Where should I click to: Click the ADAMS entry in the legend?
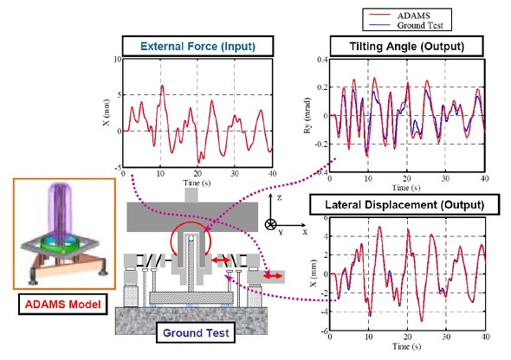click(413, 16)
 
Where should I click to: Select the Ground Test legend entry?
click(420, 25)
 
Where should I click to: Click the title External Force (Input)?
click(197, 46)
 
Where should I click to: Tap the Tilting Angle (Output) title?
click(407, 46)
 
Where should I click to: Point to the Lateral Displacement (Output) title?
click(404, 205)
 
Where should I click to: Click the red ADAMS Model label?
click(63, 305)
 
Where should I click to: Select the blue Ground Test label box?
click(196, 332)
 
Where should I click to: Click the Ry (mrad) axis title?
click(307, 116)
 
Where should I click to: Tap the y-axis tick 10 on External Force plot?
click(117, 59)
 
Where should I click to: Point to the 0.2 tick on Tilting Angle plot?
click(322, 87)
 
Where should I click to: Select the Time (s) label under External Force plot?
click(197, 183)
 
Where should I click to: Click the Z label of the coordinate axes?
click(279, 197)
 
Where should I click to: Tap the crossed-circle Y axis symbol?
click(270, 225)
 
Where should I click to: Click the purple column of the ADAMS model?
click(59, 209)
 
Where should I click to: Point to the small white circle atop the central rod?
click(191, 239)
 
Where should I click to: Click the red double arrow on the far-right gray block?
click(273, 276)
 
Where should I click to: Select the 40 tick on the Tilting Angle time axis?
click(485, 178)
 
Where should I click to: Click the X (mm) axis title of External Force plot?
click(107, 112)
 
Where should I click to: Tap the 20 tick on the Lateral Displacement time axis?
click(407, 337)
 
